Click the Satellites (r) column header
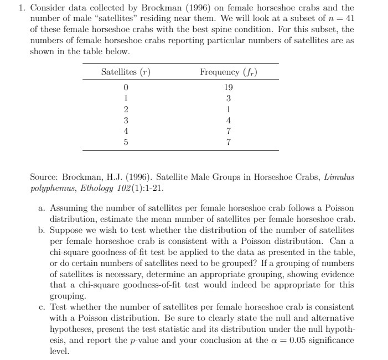[126, 72]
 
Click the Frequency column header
[229, 72]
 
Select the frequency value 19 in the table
[229, 88]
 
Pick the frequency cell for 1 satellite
[229, 98]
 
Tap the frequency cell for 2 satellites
[229, 109]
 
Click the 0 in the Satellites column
[126, 88]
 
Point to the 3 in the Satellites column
[126, 120]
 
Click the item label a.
[42, 208]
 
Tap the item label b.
[42, 229]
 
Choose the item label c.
[42, 306]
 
